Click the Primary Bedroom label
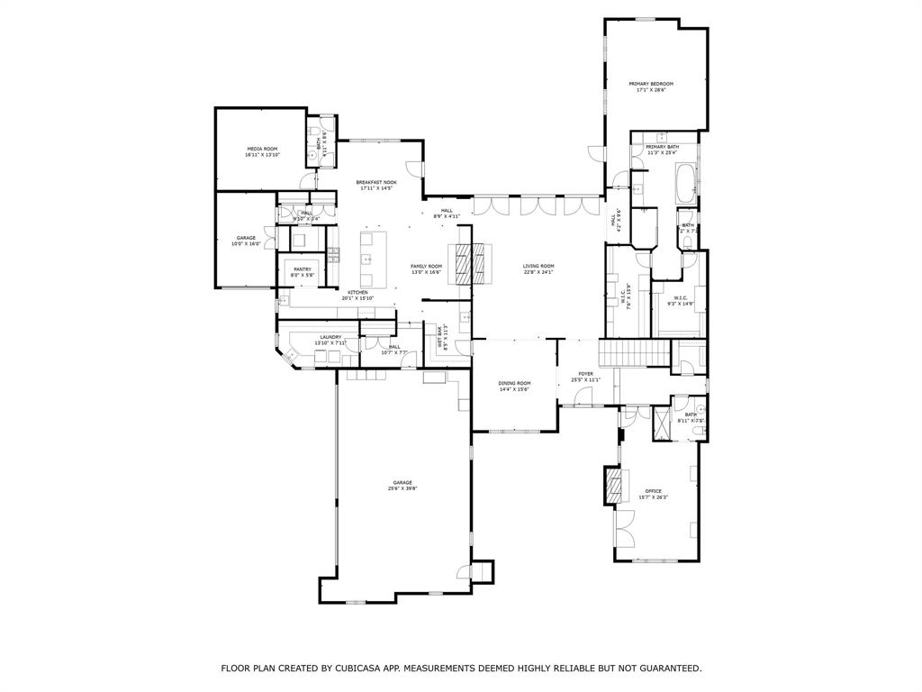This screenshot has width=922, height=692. tap(651, 84)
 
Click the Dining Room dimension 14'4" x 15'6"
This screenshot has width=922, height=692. tap(513, 389)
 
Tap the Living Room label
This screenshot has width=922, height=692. tap(538, 266)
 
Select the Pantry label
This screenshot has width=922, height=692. tap(302, 269)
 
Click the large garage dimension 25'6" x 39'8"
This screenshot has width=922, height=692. tap(402, 488)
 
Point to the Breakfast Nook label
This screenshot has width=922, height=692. tap(375, 182)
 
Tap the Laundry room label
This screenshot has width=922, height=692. tap(330, 337)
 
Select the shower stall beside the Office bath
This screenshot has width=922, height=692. tap(663, 421)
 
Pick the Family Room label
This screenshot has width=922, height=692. tap(426, 266)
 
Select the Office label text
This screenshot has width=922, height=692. tap(653, 491)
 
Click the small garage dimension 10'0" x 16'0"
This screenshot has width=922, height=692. tap(246, 244)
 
